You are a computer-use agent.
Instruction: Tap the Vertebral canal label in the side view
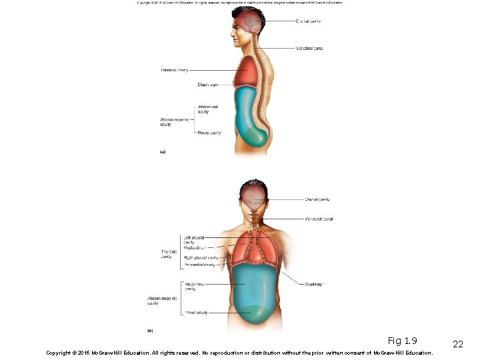pyautogui.click(x=309, y=48)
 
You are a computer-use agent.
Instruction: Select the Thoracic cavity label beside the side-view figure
pyautogui.click(x=174, y=70)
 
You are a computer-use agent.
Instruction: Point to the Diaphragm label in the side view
pyautogui.click(x=207, y=85)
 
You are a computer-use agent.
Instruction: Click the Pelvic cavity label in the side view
pyautogui.click(x=209, y=133)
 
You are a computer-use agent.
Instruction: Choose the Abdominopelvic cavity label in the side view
pyautogui.click(x=175, y=122)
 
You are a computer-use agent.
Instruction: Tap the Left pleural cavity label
pyautogui.click(x=193, y=239)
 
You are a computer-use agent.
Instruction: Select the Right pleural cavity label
pyautogui.click(x=201, y=257)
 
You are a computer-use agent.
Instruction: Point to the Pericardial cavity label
pyautogui.click(x=199, y=265)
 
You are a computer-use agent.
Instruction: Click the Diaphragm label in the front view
pyautogui.click(x=314, y=284)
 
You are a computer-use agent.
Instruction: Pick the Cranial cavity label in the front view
pyautogui.click(x=317, y=199)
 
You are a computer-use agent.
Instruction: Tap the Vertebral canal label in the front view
pyautogui.click(x=319, y=219)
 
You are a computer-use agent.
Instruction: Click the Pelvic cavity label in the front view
pyautogui.click(x=196, y=312)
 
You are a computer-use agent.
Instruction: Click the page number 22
pyautogui.click(x=457, y=344)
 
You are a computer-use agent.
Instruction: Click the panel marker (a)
pyautogui.click(x=162, y=152)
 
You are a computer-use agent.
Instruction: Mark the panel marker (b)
pyautogui.click(x=150, y=330)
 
